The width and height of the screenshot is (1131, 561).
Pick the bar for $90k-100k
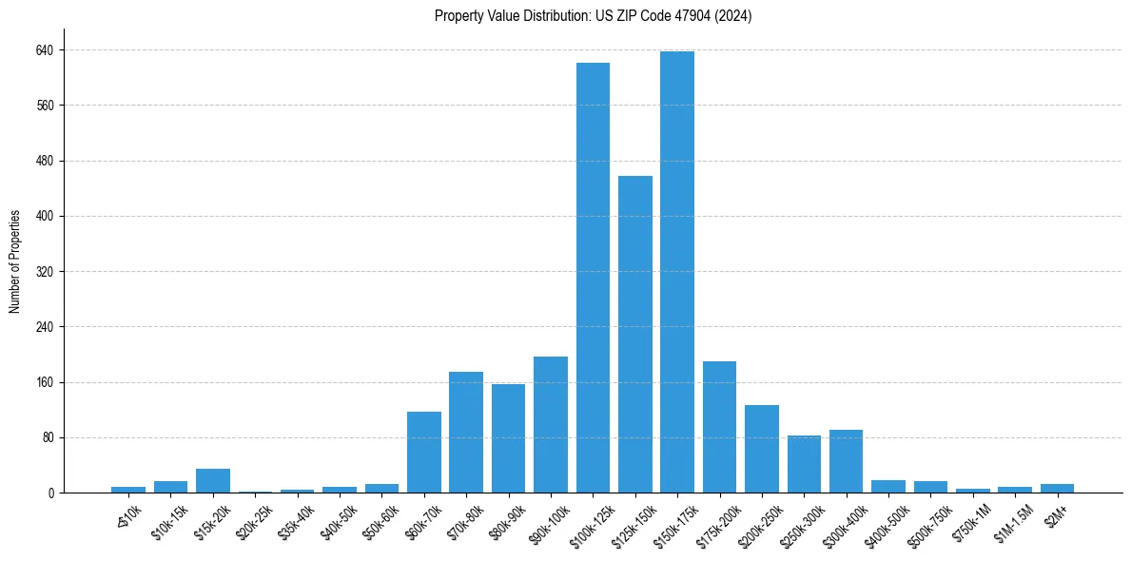pos(551,425)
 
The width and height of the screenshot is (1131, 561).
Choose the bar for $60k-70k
pos(424,453)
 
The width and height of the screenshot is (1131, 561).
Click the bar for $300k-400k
pos(846,461)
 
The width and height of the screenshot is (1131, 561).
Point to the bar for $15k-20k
pos(213,481)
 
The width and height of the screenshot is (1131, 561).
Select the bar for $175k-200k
pos(719,427)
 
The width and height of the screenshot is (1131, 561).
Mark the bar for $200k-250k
pos(761,449)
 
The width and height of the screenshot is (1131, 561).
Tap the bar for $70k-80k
pos(466,433)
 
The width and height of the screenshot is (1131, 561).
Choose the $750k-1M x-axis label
pos(971,521)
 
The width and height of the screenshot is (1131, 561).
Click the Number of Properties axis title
pos(14,261)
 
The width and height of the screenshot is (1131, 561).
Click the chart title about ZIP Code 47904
pos(593,15)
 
